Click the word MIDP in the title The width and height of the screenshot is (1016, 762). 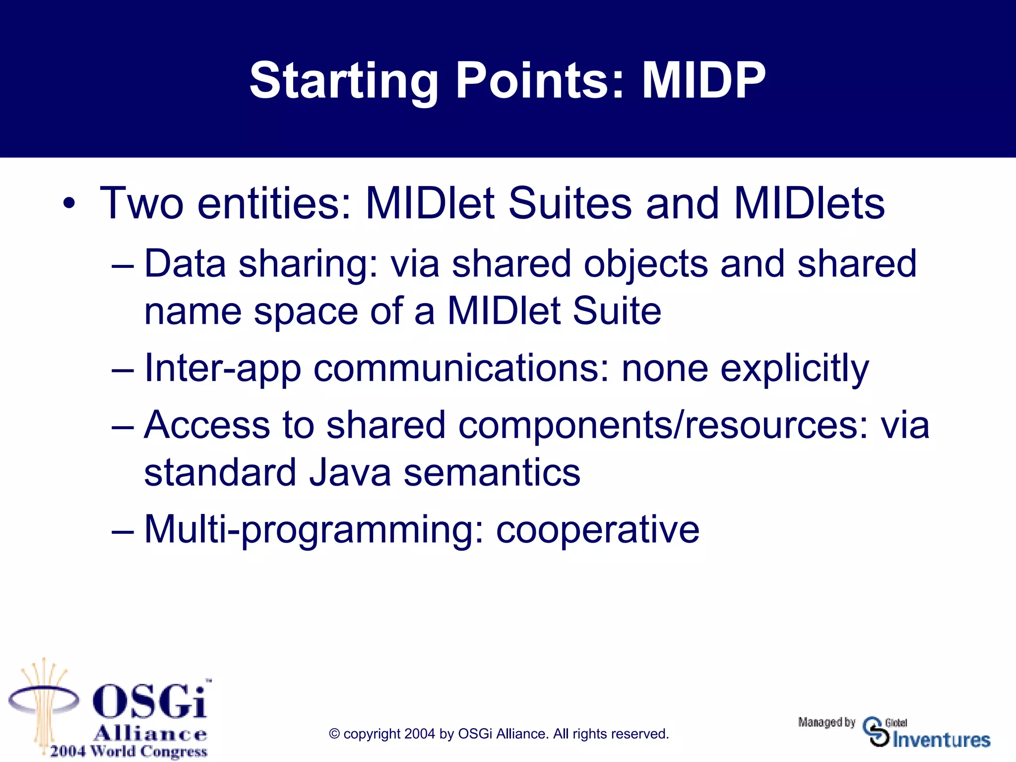(x=703, y=80)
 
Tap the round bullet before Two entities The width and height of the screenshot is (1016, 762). (x=69, y=204)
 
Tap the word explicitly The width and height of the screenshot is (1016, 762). (x=794, y=370)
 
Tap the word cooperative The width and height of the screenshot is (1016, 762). (x=597, y=530)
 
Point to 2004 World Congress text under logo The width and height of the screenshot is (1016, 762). (x=128, y=751)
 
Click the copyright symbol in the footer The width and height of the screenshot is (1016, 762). (x=334, y=734)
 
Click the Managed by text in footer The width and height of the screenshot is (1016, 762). (x=826, y=722)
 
